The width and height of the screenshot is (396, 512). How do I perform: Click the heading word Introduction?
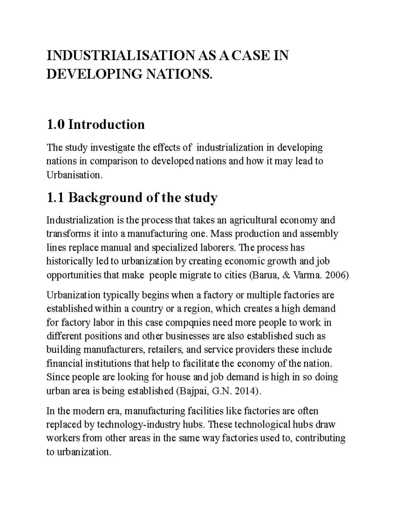[x=107, y=125]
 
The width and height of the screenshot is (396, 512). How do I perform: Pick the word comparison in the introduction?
[x=117, y=161]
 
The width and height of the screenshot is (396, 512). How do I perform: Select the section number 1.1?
[x=56, y=198]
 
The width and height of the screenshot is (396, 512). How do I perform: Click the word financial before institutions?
[x=65, y=364]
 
